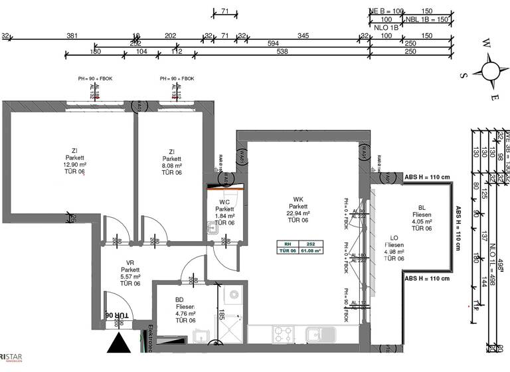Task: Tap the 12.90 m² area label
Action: click(75, 165)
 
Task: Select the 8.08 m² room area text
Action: click(171, 165)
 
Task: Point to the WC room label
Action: click(224, 202)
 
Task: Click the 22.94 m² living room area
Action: click(298, 213)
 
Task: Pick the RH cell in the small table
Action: click(288, 244)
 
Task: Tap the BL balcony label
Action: click(422, 207)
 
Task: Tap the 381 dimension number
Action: click(72, 35)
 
